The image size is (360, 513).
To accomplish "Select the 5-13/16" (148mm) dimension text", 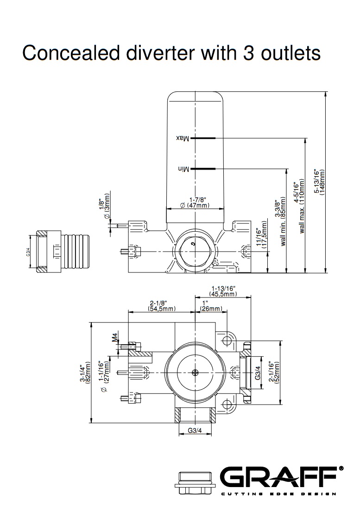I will [x=319, y=181].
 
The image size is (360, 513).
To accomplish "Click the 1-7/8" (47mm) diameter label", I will [x=195, y=202].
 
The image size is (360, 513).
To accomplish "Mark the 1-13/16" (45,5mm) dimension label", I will [x=223, y=291].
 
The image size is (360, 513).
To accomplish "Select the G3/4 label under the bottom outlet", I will [x=195, y=430].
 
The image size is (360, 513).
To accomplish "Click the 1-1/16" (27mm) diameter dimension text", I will [x=107, y=373].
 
